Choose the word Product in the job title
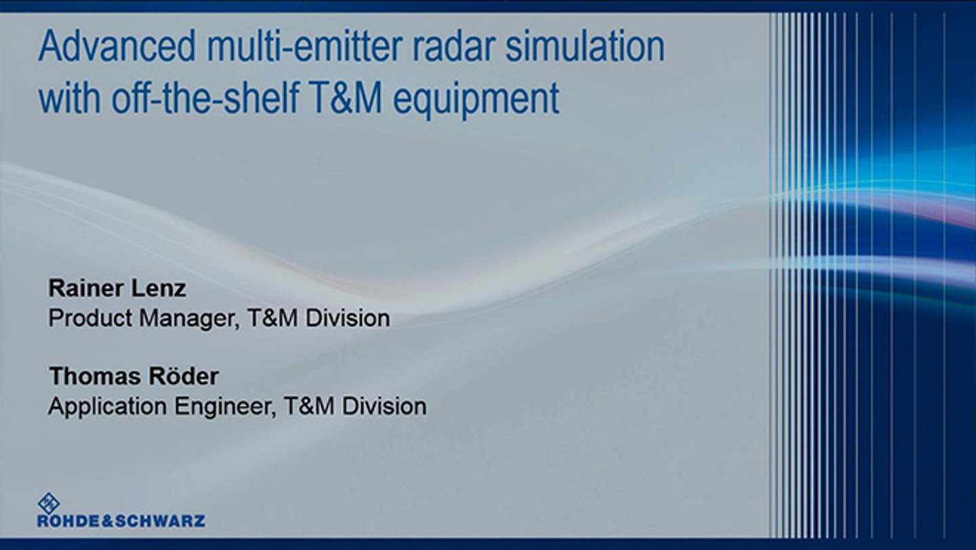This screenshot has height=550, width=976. click(x=91, y=318)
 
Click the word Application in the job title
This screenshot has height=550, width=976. click(x=108, y=406)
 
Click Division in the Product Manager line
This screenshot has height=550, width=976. click(x=348, y=318)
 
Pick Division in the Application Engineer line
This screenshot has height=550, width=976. click(x=384, y=406)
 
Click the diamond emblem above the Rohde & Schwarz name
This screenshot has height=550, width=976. click(x=49, y=502)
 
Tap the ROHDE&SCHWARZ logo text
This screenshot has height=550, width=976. click(x=121, y=521)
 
